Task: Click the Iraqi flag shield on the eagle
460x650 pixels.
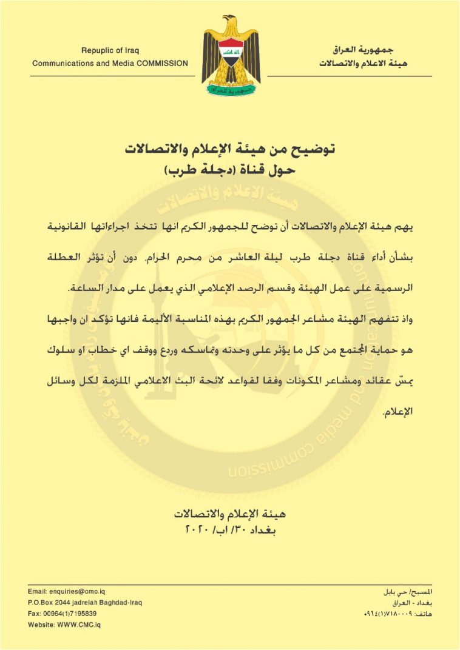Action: click(231, 54)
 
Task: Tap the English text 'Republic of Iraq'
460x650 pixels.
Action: click(110, 50)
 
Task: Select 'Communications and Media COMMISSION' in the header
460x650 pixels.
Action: click(110, 63)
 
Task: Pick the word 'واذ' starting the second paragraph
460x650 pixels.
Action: click(422, 320)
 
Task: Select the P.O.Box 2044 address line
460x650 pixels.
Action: click(85, 603)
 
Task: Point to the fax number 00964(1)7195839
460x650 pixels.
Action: click(63, 614)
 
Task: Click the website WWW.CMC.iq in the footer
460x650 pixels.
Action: click(64, 625)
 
